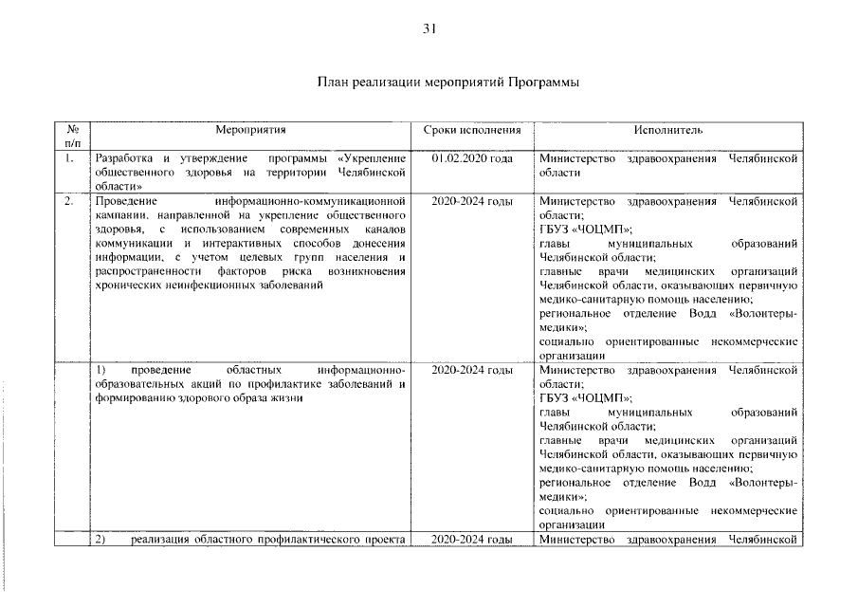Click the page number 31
pos(429,29)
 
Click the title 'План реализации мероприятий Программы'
pos(447,83)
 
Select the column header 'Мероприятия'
pos(250,129)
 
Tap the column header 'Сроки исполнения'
pos(472,129)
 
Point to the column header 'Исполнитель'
pos(668,129)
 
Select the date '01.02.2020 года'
pos(472,158)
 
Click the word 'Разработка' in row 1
pos(127,158)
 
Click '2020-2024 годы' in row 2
pos(472,202)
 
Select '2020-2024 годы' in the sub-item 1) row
pos(472,370)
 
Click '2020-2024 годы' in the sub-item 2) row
pos(472,540)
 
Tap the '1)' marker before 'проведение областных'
pos(105,370)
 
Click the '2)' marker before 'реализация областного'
pos(105,540)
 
